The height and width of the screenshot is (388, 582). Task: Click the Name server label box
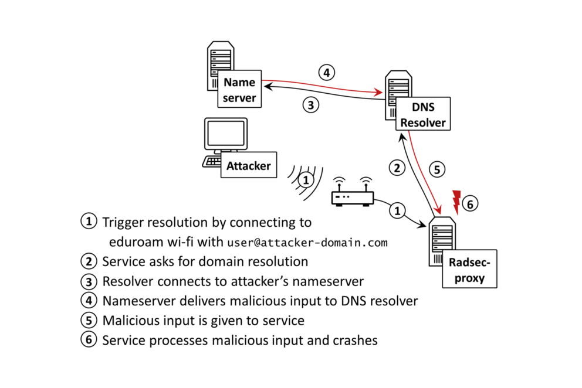pos(239,90)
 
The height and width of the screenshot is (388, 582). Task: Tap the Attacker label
pos(249,166)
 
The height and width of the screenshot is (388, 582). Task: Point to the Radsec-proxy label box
pos(469,270)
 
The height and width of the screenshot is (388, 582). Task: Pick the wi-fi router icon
pos(353,198)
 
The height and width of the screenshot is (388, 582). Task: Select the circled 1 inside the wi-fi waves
pos(306,179)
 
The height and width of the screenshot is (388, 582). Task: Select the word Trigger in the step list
pos(121,223)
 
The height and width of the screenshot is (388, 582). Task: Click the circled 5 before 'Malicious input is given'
pos(89,321)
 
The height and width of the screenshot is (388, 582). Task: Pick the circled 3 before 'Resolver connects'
pos(89,281)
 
